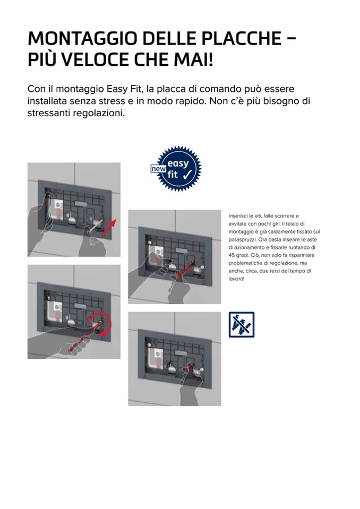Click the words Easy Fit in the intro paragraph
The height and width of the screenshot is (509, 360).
pyautogui.click(x=125, y=89)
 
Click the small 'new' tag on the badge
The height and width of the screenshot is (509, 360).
pyautogui.click(x=158, y=169)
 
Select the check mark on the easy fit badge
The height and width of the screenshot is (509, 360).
pyautogui.click(x=187, y=175)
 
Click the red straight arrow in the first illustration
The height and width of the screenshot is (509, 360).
pyautogui.click(x=109, y=228)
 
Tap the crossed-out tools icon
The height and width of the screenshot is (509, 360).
pyautogui.click(x=242, y=325)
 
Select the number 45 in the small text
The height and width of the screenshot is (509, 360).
pyautogui.click(x=232, y=255)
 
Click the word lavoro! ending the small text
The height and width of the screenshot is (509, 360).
pyautogui.click(x=236, y=279)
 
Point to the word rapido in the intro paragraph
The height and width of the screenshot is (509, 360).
pyautogui.click(x=190, y=102)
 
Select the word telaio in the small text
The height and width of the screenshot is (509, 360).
pyautogui.click(x=292, y=223)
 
